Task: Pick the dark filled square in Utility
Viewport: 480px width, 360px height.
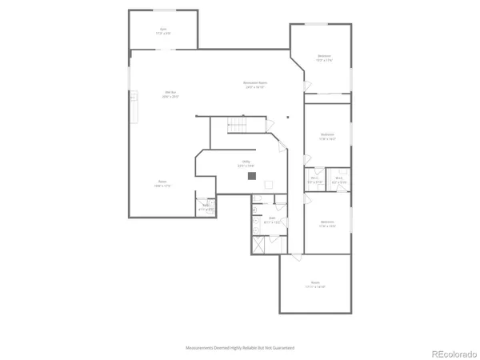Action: (x=251, y=175)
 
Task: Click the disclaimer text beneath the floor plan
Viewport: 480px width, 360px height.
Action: (x=240, y=348)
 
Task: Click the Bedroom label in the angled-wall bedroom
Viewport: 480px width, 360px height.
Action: (x=324, y=57)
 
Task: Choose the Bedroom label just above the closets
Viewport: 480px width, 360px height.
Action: (x=327, y=135)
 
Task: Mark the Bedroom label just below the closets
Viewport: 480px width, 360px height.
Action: (x=327, y=223)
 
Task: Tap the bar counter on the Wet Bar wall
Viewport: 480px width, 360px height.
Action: (x=134, y=108)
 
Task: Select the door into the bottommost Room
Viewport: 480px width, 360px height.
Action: (x=295, y=255)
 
